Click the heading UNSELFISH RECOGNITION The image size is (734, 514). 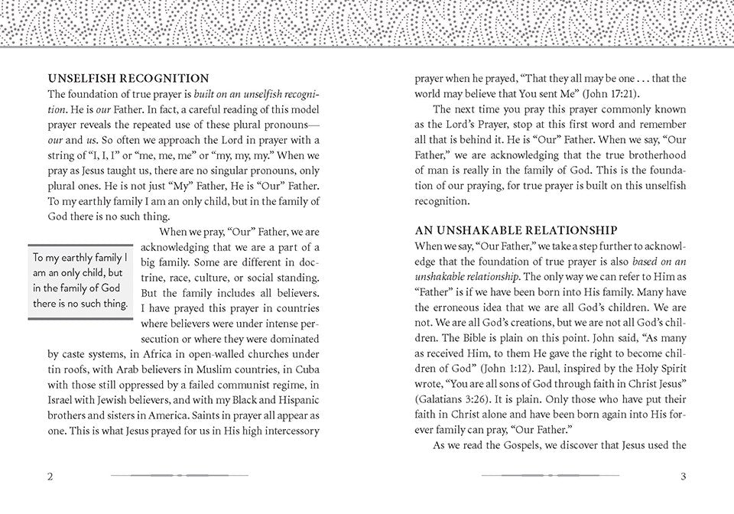pyautogui.click(x=128, y=78)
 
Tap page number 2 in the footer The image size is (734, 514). pyautogui.click(x=50, y=477)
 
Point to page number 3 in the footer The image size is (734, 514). pyautogui.click(x=683, y=477)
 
